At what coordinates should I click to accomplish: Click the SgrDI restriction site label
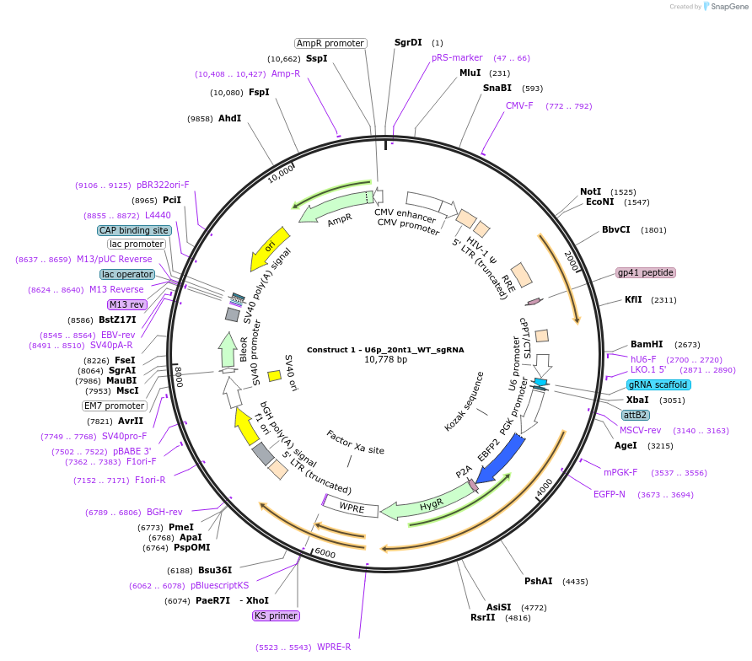408,42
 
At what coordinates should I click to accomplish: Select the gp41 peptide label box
646,272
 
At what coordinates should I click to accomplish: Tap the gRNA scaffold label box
658,384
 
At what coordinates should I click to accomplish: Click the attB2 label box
635,415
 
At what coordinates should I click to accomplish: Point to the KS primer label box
276,615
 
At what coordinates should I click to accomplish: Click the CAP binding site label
135,230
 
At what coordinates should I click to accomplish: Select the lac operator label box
127,274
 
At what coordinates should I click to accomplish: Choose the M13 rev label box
126,304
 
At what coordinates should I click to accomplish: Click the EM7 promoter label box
115,406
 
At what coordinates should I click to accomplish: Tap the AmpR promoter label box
330,43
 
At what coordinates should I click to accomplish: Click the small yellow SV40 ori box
274,375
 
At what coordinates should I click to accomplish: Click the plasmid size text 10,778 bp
385,359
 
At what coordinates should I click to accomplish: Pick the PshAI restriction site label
538,581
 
